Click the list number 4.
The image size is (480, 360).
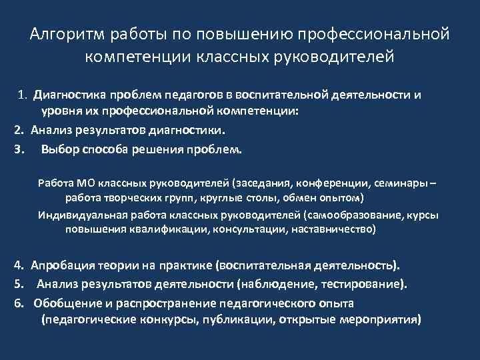pos(19,265)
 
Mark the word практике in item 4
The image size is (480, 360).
pos(185,265)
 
